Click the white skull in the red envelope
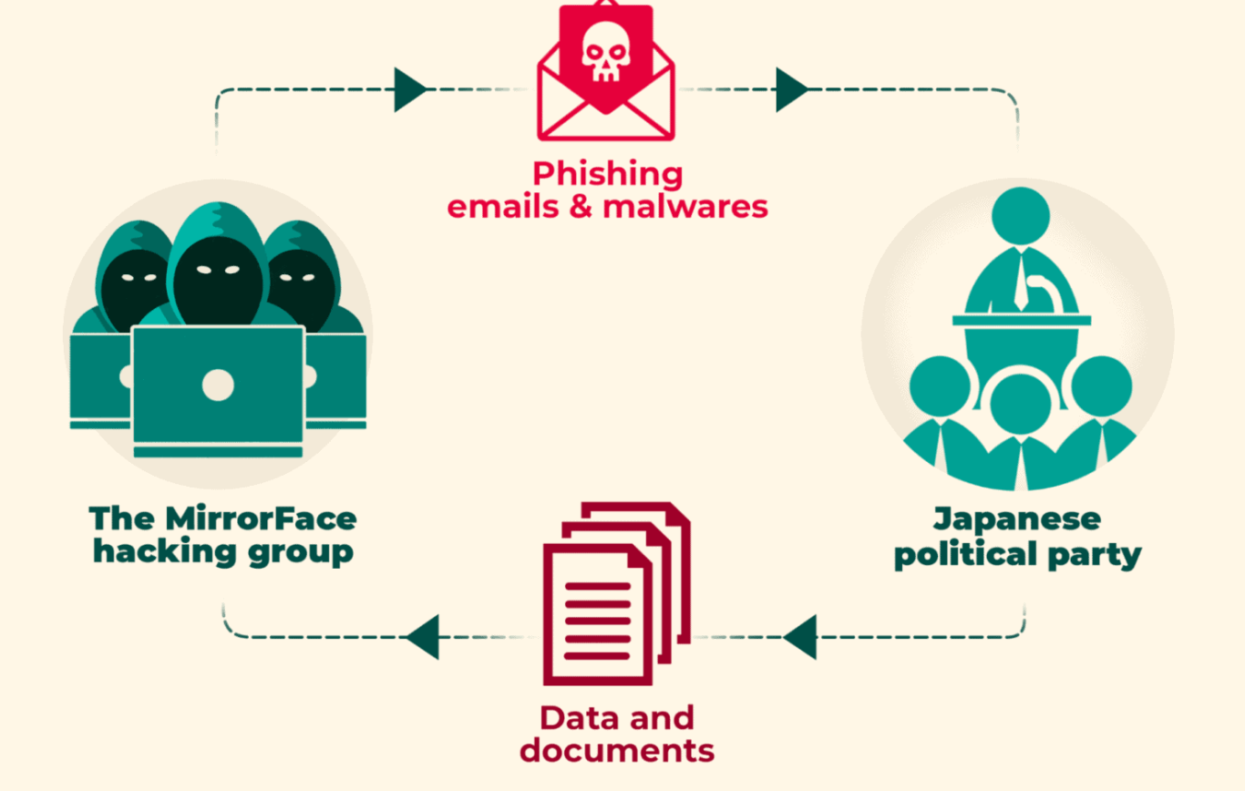point(606,52)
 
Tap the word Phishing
point(608,175)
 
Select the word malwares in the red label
point(685,207)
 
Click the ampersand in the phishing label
point(581,206)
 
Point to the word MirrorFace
point(261,519)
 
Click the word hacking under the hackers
point(165,552)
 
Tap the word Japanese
point(1017,520)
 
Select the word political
point(966,554)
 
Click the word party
point(1095,556)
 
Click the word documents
point(617,751)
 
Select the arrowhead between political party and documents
point(800,637)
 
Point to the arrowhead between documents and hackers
point(422,637)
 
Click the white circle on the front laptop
point(218,385)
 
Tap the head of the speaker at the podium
point(1021,216)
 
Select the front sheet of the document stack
point(598,615)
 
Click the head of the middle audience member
point(1021,404)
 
